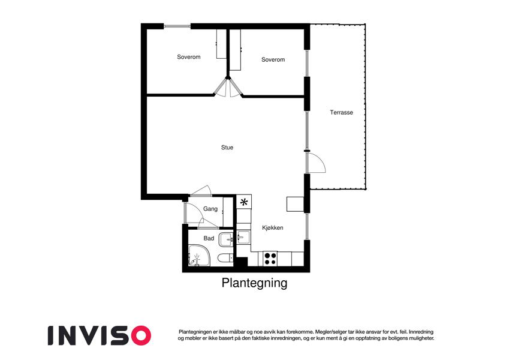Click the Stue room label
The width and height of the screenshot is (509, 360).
(227, 148)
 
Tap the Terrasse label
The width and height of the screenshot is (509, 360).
(341, 112)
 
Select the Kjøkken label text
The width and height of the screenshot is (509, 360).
(272, 228)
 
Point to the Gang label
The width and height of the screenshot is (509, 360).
(210, 209)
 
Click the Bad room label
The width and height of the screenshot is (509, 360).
(209, 238)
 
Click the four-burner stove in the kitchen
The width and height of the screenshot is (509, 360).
(270, 259)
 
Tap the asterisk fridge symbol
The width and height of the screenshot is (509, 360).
(244, 202)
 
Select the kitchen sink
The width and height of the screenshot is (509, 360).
(243, 237)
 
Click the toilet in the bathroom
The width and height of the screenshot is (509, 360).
(225, 259)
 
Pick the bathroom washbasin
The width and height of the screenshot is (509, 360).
(226, 240)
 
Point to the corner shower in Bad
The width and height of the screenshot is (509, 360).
(199, 256)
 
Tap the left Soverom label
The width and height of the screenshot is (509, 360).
(189, 57)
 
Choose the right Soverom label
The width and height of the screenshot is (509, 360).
(273, 59)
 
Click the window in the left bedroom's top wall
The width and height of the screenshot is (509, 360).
(177, 26)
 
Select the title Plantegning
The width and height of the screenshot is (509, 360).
(254, 283)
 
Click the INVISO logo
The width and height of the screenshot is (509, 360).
(100, 335)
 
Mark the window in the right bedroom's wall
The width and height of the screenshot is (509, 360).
(307, 64)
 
